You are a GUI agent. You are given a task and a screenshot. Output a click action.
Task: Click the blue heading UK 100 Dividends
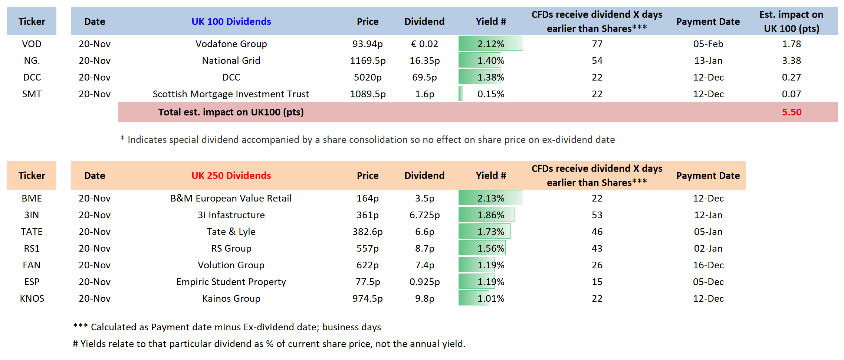coord(231,22)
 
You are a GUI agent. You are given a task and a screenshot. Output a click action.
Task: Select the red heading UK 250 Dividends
coord(231,176)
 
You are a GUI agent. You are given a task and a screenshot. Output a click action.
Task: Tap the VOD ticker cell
coord(32,44)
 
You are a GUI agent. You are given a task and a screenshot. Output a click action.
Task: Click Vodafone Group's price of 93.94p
coord(367,44)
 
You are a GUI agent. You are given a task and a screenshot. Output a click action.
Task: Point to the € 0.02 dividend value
coord(424,44)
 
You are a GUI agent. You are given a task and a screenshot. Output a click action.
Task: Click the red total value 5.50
coord(791,112)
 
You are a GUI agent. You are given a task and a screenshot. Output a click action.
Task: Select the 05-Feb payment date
coord(708,44)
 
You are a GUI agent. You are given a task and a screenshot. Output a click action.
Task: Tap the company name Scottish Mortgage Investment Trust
coord(231,94)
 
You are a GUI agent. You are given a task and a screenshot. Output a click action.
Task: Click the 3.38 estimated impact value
coord(791,60)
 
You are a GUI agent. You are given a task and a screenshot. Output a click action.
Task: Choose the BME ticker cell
coord(32,198)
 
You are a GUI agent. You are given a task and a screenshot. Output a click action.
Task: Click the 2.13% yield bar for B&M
coord(490,198)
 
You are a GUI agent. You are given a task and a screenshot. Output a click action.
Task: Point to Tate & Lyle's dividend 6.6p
coord(424,232)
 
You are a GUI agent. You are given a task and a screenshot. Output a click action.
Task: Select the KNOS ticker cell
coord(32,298)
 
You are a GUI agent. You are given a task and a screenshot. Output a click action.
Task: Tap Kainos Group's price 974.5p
coord(367,298)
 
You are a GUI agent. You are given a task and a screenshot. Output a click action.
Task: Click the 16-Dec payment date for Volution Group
coord(708,265)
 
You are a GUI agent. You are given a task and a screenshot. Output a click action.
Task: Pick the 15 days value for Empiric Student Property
coord(597,282)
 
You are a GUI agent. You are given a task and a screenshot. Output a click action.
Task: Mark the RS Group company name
coord(231,248)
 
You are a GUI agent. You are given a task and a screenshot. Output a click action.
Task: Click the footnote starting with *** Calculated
coord(227,327)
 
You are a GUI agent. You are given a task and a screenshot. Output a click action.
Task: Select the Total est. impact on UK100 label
coord(231,112)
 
